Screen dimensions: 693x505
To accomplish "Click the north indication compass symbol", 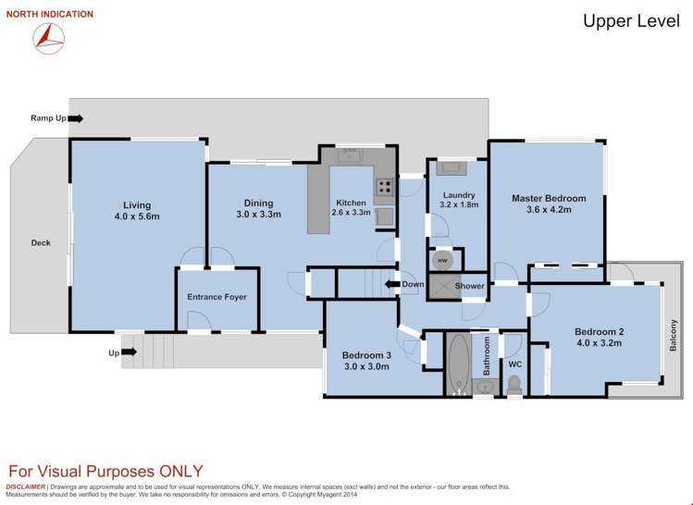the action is click(49, 38).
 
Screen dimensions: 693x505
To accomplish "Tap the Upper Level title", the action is click(631, 20).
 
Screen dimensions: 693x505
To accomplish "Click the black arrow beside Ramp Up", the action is click(76, 118).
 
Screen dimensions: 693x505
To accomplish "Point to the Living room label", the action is click(137, 205).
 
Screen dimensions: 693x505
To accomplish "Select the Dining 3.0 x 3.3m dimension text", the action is click(258, 215).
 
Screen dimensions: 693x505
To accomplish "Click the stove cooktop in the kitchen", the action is click(385, 187).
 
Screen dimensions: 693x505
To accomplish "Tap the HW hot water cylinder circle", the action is click(442, 261).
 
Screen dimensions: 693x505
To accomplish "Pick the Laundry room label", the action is click(459, 195).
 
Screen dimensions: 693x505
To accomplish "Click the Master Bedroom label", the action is click(549, 198).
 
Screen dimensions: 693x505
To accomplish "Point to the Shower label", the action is click(469, 286).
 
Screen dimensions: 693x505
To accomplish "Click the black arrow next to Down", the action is click(392, 284).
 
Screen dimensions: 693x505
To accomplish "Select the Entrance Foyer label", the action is click(217, 297).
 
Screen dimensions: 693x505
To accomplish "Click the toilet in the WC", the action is click(514, 386).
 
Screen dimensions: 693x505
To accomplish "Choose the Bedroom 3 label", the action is click(366, 355).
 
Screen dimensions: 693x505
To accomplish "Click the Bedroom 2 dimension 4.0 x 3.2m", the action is click(600, 343).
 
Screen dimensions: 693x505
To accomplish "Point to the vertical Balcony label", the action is click(674, 336).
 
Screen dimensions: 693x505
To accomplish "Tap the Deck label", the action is click(41, 243).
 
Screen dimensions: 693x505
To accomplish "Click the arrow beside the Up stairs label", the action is click(129, 352).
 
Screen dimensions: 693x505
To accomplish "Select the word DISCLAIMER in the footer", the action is click(25, 487).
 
